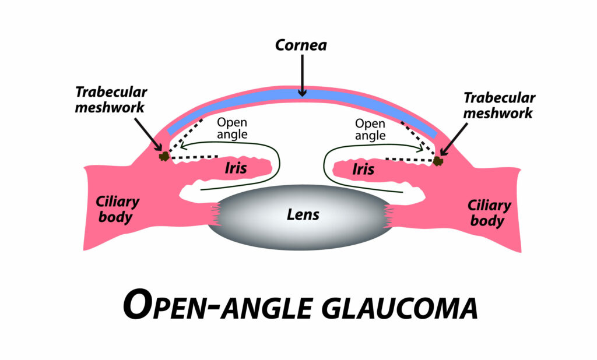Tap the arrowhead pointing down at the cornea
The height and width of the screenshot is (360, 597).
click(301, 91)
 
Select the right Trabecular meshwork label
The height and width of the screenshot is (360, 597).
click(498, 105)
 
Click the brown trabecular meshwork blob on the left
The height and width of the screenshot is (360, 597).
click(164, 156)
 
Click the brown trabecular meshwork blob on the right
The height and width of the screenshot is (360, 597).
click(438, 159)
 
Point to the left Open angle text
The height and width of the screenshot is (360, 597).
click(232, 128)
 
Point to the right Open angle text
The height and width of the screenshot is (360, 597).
click(370, 129)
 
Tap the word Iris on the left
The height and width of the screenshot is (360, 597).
click(236, 168)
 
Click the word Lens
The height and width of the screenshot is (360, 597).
click(303, 214)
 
